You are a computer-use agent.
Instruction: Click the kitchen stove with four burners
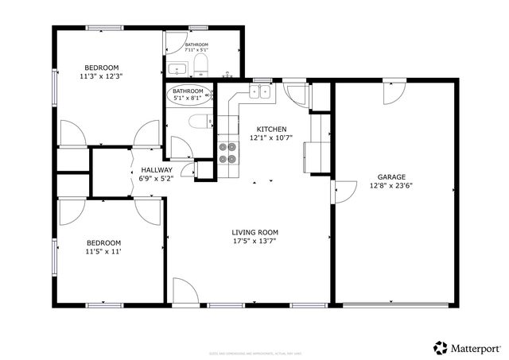pos(228,152)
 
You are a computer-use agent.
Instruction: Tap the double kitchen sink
pos(259,92)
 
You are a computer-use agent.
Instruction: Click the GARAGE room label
pos(390,177)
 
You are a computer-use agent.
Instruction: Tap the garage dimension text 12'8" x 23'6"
pos(390,186)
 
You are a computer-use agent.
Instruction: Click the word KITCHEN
pos(271,130)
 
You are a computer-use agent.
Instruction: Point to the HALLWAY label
pos(156,170)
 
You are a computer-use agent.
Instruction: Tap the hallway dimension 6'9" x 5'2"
pos(156,179)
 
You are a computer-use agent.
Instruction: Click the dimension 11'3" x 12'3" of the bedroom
pos(102,77)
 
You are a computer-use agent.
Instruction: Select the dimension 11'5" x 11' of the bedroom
pos(103,252)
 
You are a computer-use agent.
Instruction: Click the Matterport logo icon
pos(440,347)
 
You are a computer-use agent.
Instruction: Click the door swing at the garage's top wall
pos(393,94)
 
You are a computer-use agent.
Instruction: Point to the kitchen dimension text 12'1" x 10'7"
pos(271,138)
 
